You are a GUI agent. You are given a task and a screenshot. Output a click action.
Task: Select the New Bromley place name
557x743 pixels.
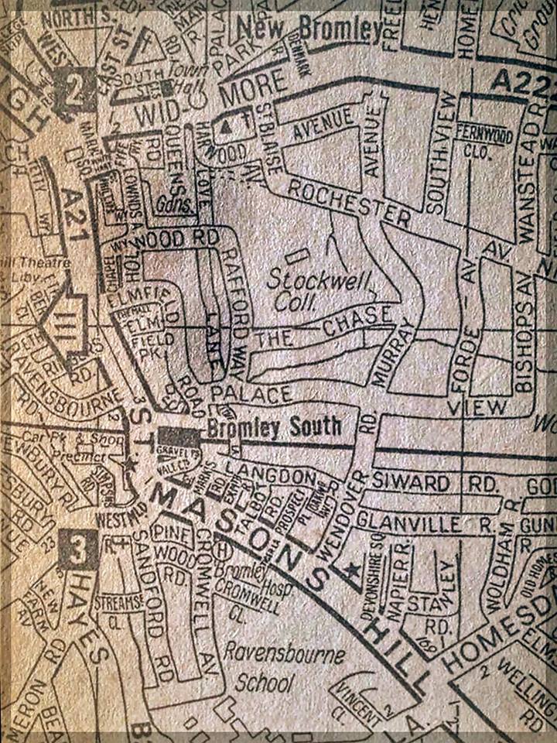tap(309, 29)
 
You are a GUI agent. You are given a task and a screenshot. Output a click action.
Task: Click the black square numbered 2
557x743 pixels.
tap(73, 91)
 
